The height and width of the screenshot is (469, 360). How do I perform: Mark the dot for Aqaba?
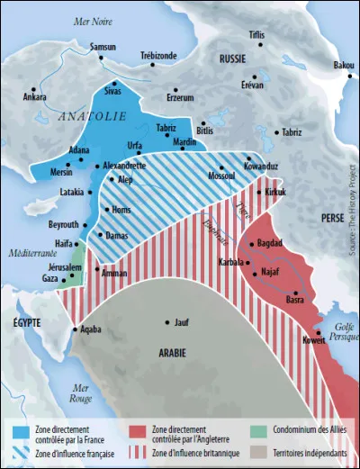click(75, 330)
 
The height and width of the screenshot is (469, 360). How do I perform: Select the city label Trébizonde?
click(158, 56)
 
